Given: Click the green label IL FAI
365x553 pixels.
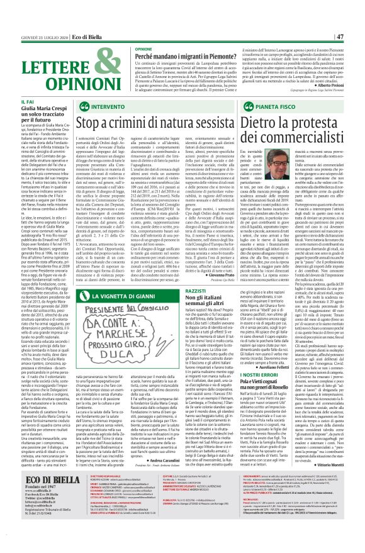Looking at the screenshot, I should [9, 101].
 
